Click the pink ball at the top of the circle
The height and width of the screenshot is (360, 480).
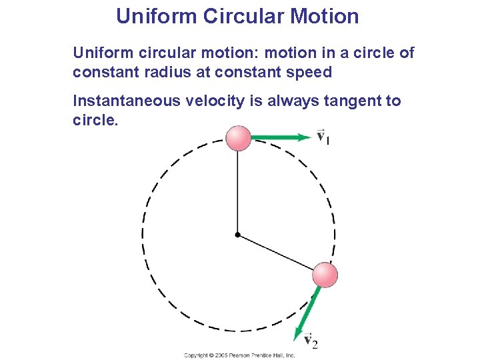[238, 138]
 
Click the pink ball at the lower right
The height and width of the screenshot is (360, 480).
[325, 275]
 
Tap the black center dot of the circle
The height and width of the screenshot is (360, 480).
[237, 235]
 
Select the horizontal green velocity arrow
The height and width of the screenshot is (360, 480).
[281, 138]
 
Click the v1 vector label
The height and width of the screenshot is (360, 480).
[322, 137]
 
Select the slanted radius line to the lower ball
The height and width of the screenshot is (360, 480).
[277, 253]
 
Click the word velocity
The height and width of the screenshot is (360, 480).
[225, 101]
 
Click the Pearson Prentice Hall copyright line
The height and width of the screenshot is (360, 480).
[239, 355]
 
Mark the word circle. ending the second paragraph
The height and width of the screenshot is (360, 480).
[95, 121]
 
